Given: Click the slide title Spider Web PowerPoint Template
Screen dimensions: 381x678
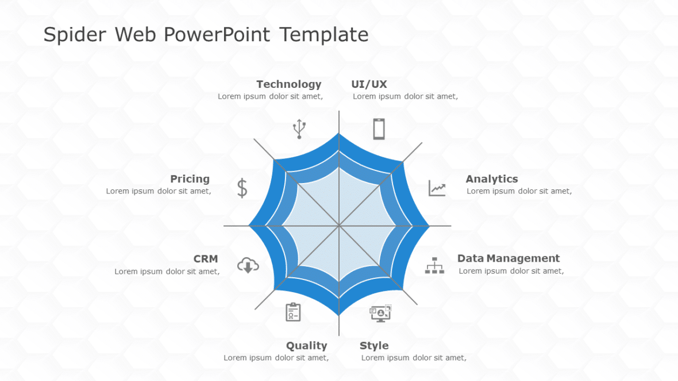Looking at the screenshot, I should (x=206, y=35).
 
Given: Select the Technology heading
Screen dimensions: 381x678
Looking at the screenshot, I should (x=288, y=84).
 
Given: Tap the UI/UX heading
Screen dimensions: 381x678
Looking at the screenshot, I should (x=369, y=84).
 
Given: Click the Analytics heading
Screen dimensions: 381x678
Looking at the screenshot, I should (x=491, y=179).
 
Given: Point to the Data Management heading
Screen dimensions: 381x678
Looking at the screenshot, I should (x=508, y=258).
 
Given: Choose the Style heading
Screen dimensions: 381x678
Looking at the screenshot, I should (x=374, y=345).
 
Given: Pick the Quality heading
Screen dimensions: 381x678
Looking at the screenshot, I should (x=306, y=345).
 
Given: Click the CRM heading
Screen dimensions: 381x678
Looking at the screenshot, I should (x=206, y=259).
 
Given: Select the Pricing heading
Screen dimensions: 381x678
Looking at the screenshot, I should (x=190, y=179).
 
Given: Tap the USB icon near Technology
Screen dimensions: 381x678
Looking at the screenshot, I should (x=299, y=129).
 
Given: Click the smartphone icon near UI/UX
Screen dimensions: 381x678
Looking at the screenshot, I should (x=379, y=129).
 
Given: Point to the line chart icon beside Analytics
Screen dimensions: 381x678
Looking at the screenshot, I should (x=437, y=188).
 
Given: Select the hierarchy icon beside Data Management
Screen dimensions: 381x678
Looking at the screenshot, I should (x=434, y=265).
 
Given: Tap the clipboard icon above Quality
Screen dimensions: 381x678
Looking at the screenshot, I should (x=293, y=312).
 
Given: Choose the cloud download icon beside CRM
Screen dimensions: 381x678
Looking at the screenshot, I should (x=248, y=265).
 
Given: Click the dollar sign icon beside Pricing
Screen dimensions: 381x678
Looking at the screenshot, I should (x=242, y=188).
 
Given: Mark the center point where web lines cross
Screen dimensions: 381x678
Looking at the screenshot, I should (x=339, y=226).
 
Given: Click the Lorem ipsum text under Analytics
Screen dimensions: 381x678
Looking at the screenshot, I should (x=519, y=191).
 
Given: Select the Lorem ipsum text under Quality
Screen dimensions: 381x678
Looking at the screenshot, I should (x=276, y=357).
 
